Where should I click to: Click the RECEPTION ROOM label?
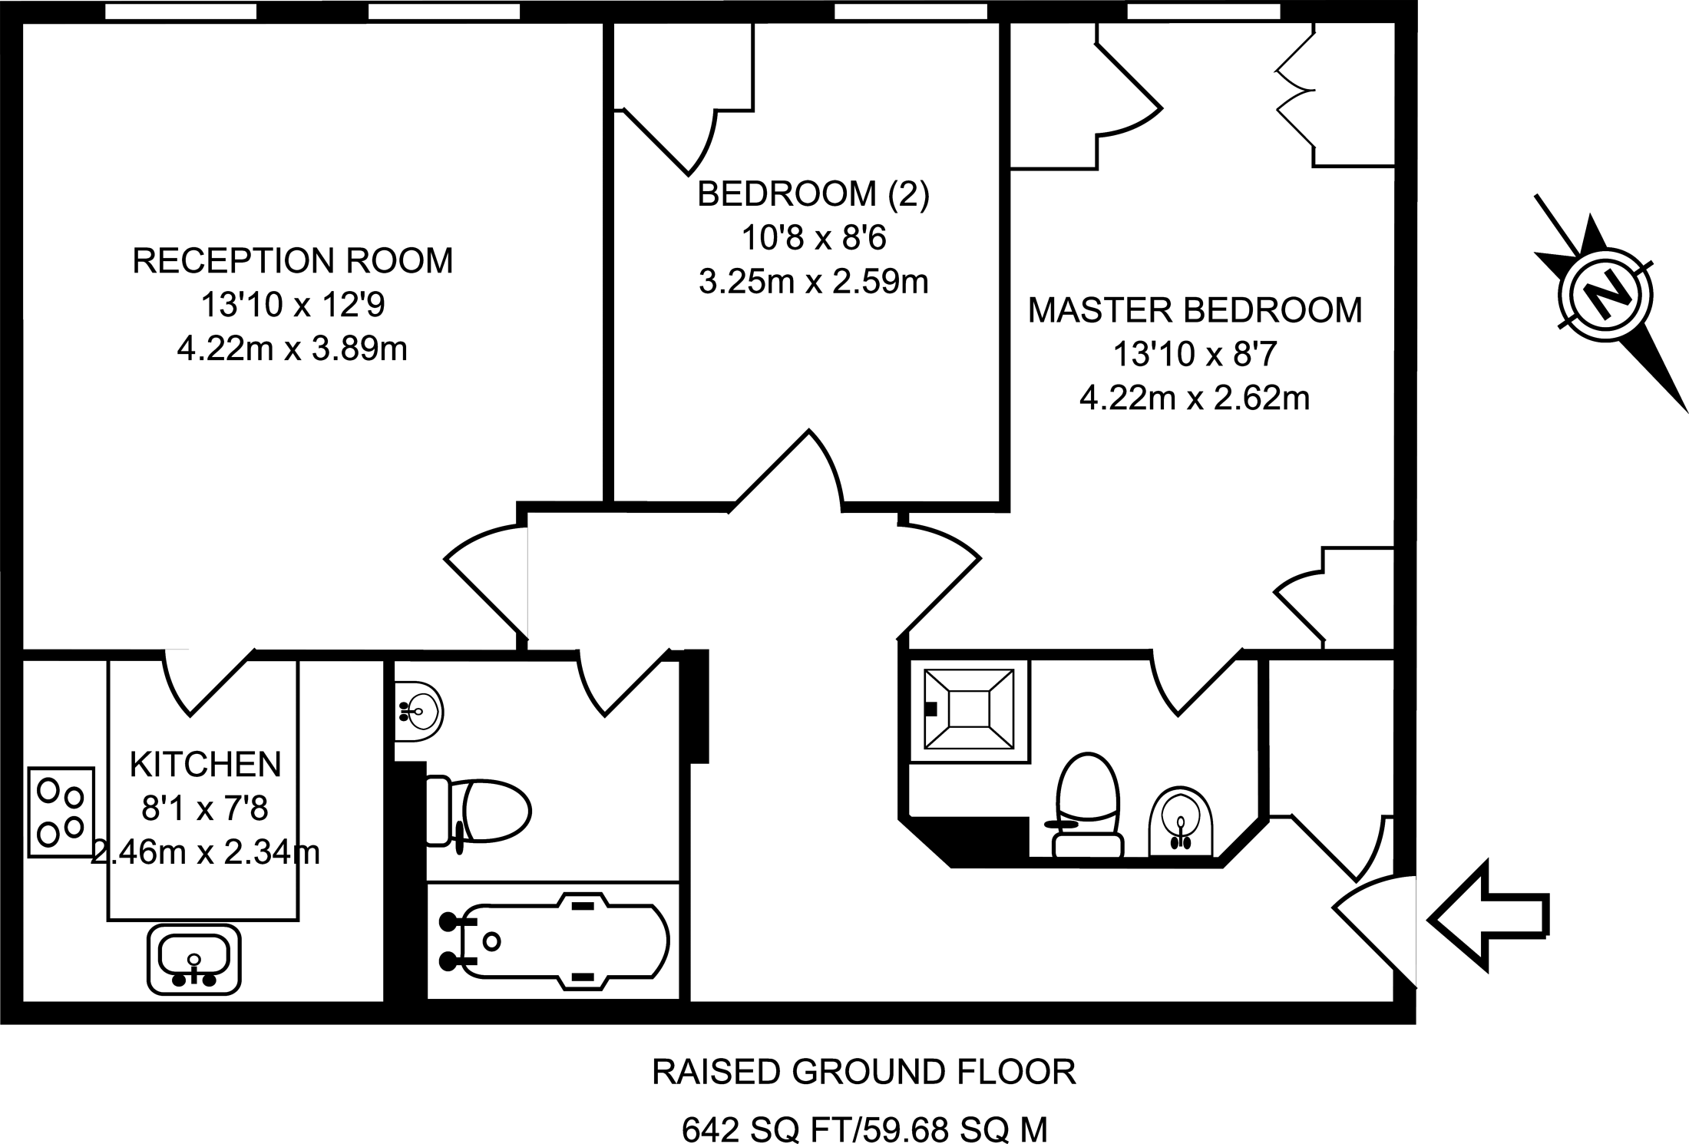[x=293, y=261]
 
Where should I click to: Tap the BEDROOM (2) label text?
[x=813, y=194]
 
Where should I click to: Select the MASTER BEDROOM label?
[x=1195, y=310]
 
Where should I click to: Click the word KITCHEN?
[x=205, y=764]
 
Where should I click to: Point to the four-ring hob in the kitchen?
[x=61, y=812]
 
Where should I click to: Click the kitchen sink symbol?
[x=193, y=959]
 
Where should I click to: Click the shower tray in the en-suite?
[x=967, y=708]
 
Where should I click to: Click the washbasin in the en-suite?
[x=1181, y=821]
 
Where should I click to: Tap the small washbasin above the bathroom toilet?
[x=418, y=711]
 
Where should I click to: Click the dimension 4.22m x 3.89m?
[x=292, y=349]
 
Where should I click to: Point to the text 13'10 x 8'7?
[x=1195, y=354]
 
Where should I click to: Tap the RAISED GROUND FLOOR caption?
[x=864, y=1072]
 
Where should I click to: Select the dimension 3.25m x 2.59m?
[x=813, y=282]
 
